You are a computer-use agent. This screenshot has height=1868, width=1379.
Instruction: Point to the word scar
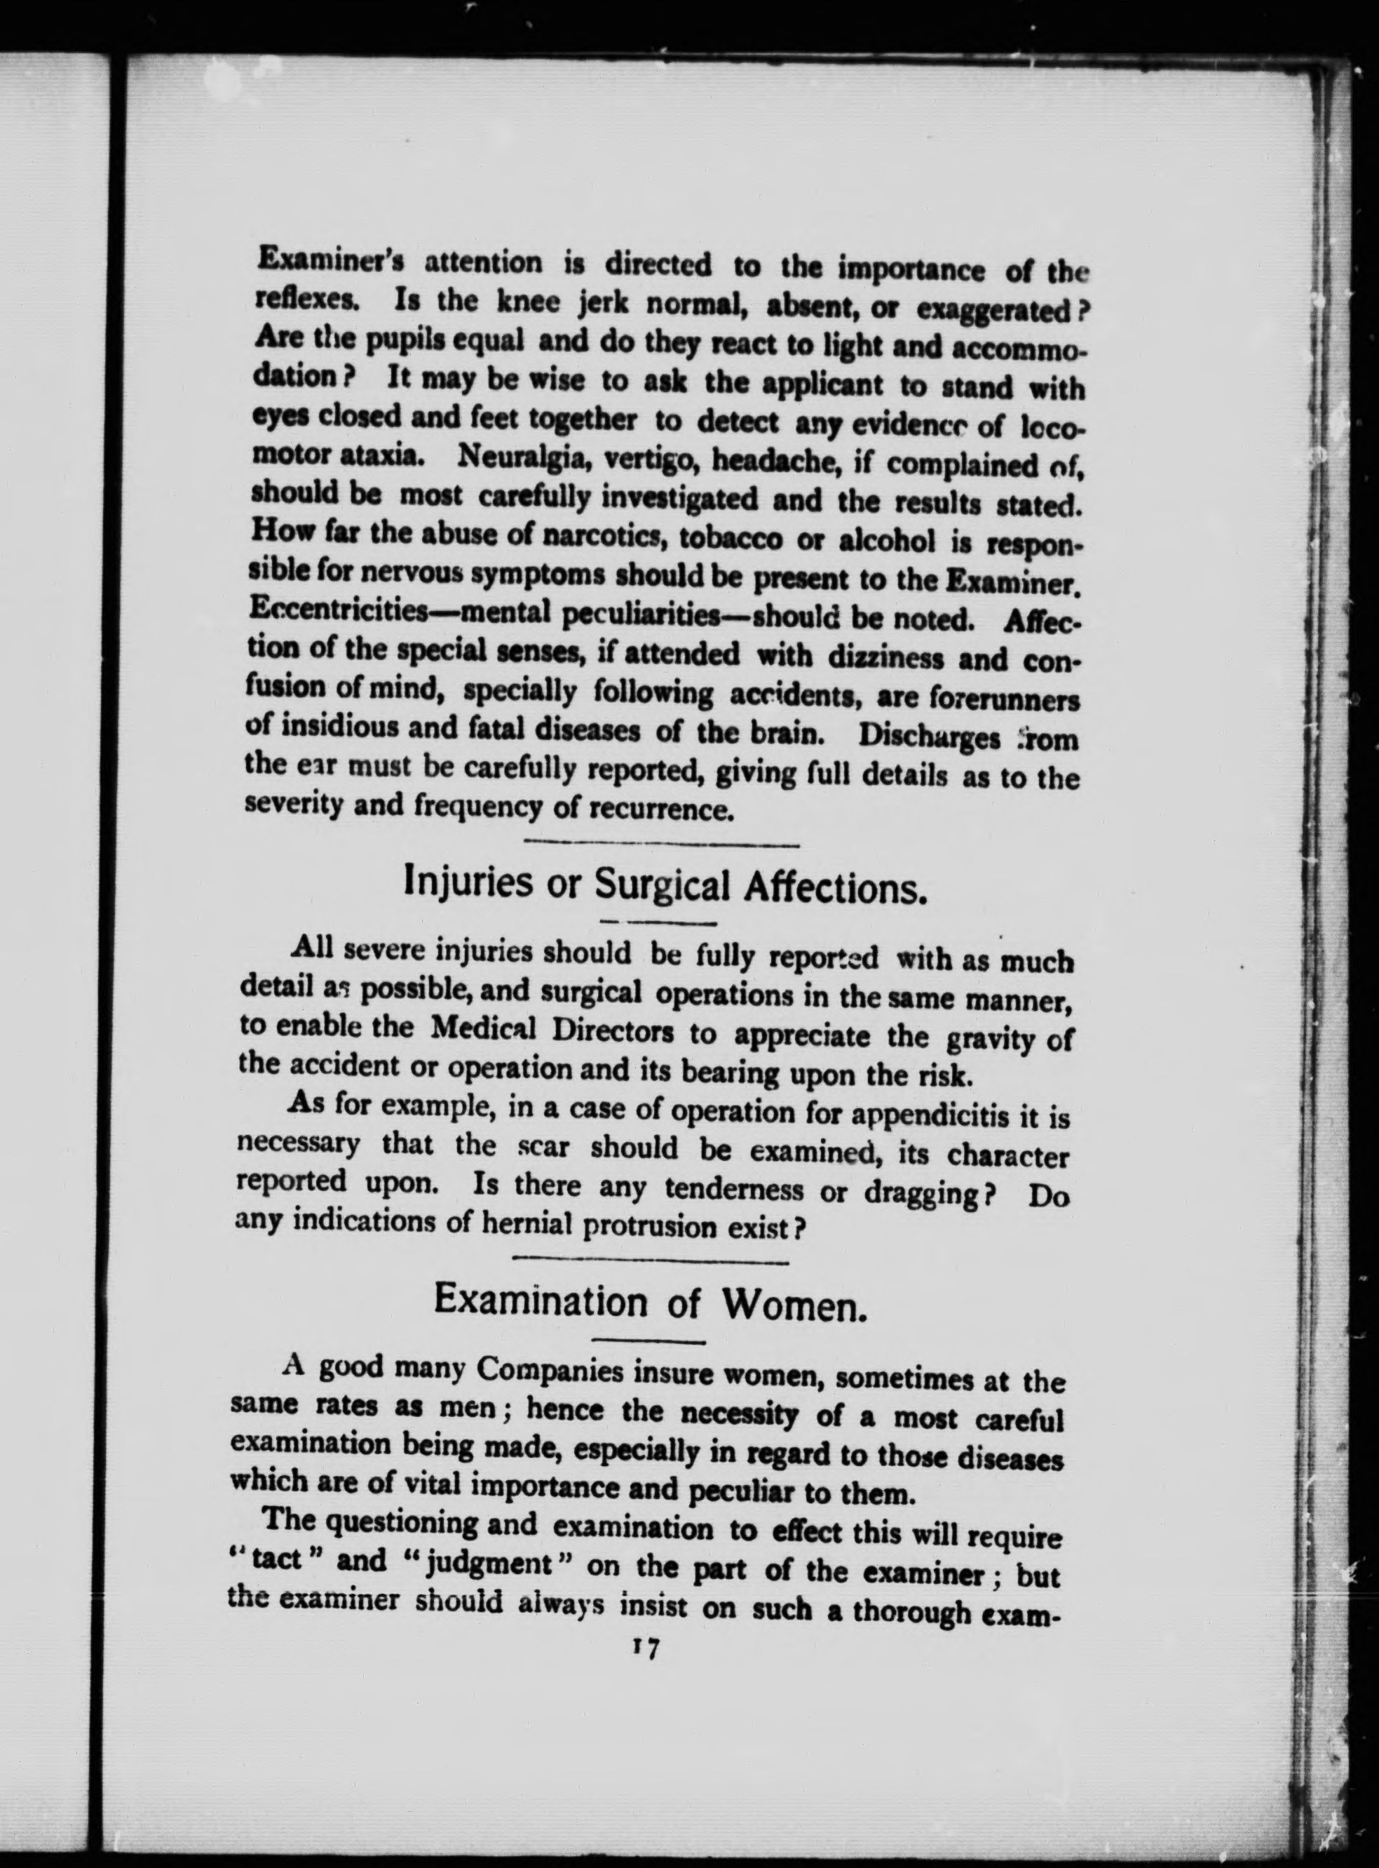point(543,1148)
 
